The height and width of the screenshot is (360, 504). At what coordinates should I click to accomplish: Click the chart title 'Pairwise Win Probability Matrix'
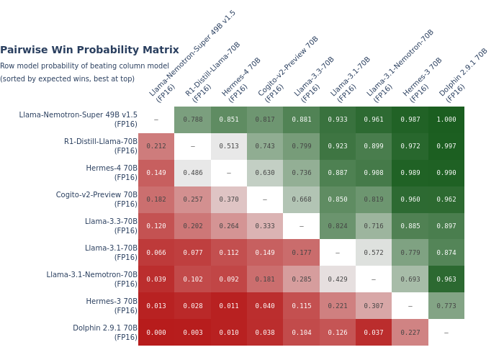click(89, 50)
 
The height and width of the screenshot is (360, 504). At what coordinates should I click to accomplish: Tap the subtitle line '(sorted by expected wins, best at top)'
click(67, 79)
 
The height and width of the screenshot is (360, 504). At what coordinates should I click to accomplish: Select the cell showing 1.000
click(446, 120)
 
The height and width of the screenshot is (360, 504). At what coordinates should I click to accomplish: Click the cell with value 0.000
click(156, 333)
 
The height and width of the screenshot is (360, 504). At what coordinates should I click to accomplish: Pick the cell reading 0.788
click(192, 120)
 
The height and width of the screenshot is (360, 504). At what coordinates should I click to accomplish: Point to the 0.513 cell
click(228, 146)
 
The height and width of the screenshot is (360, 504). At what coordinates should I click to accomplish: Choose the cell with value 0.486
click(192, 173)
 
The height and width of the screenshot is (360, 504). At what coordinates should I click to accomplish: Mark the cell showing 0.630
click(265, 173)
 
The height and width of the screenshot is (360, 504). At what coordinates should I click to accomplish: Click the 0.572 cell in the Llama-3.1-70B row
click(374, 253)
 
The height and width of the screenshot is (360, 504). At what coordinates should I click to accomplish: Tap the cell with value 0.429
click(337, 279)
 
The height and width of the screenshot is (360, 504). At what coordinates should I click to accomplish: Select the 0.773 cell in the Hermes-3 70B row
click(446, 306)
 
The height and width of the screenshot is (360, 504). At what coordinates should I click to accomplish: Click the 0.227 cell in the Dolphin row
click(410, 333)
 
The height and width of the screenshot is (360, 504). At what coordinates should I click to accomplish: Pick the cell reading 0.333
click(265, 226)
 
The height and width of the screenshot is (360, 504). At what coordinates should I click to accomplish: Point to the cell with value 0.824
click(337, 226)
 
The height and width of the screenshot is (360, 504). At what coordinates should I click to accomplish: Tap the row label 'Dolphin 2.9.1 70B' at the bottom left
click(104, 333)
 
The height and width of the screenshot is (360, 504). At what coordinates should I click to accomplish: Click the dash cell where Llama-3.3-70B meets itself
click(301, 226)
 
